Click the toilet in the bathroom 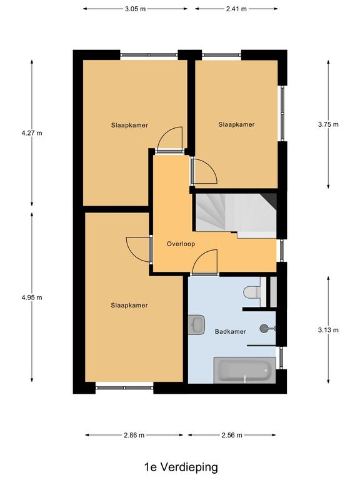pyautogui.click(x=252, y=291)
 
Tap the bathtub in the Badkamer pyautogui.click(x=244, y=370)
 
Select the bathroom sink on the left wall pyautogui.click(x=196, y=324)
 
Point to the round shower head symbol pyautogui.click(x=264, y=329)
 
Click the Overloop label pyautogui.click(x=181, y=244)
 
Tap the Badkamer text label pyautogui.click(x=231, y=331)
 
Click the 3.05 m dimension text pyautogui.click(x=135, y=9)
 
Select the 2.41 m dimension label pyautogui.click(x=236, y=9)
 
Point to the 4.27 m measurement pyautogui.click(x=32, y=133)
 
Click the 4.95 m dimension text pyautogui.click(x=32, y=297)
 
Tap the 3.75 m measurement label pyautogui.click(x=328, y=124)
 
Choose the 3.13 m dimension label pyautogui.click(x=328, y=330)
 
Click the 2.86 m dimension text pyautogui.click(x=134, y=435)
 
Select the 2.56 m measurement pyautogui.click(x=232, y=435)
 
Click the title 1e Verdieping pyautogui.click(x=181, y=467)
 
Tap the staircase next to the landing pyautogui.click(x=236, y=216)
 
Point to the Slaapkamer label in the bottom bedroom pyautogui.click(x=129, y=305)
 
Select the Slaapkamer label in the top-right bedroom pyautogui.click(x=236, y=124)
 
